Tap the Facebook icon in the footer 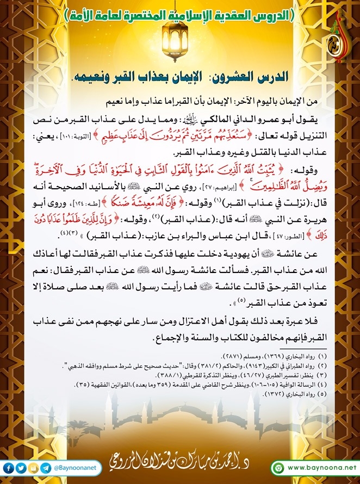[x=9, y=468]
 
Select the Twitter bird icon [x=21, y=468]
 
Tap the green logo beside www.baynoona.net [x=278, y=468]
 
